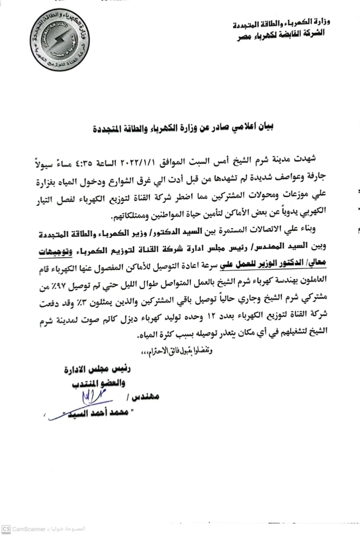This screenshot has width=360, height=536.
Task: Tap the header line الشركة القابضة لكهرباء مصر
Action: (x=289, y=34)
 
